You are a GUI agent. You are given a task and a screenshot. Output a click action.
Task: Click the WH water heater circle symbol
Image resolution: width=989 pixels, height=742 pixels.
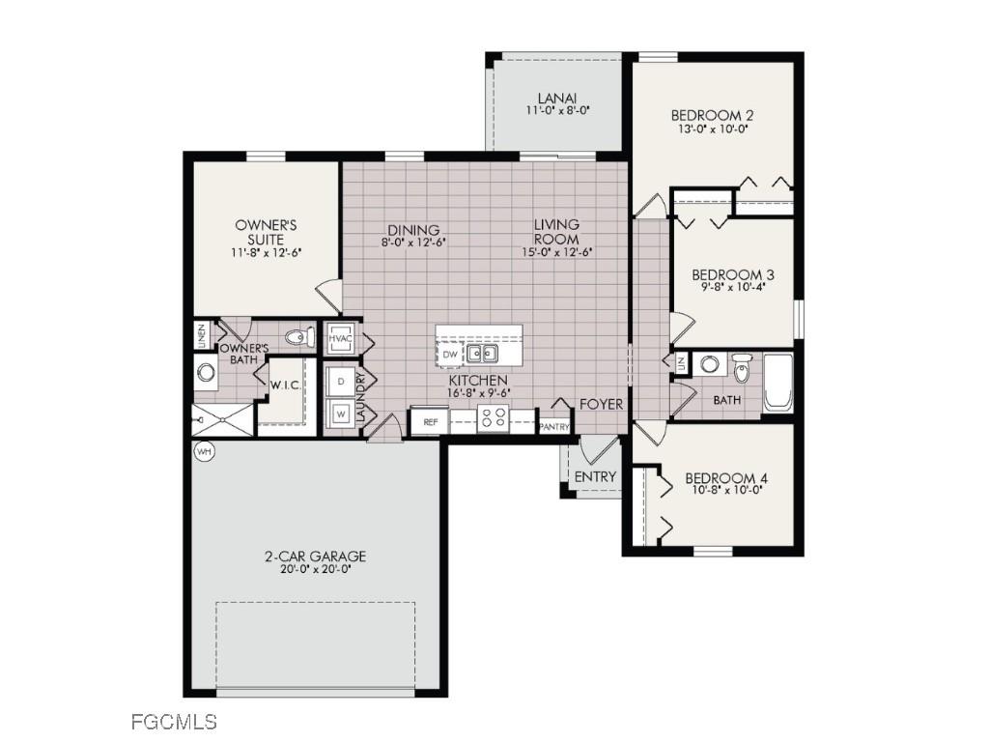[x=204, y=451]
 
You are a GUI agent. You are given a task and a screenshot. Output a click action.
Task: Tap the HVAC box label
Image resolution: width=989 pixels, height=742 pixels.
[x=340, y=339]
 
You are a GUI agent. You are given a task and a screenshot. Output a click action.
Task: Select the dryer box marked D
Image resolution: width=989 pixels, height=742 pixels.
[x=341, y=382]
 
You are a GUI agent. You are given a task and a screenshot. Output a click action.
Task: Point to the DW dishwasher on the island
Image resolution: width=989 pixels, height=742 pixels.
[x=449, y=355]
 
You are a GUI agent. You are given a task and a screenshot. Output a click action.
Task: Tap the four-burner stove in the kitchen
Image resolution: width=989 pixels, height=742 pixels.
[x=494, y=418]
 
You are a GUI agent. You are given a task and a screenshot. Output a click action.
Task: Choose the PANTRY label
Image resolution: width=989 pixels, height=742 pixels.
[x=554, y=426]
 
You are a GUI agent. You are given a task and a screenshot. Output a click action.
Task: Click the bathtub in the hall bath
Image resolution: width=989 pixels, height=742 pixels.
[x=777, y=384]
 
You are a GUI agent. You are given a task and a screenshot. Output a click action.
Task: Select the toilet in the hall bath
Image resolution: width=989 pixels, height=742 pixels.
[x=742, y=368]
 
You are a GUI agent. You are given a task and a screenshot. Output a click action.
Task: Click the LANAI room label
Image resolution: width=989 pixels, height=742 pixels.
[x=557, y=99]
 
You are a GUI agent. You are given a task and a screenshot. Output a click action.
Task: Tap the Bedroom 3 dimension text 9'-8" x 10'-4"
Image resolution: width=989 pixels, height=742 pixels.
[x=733, y=289]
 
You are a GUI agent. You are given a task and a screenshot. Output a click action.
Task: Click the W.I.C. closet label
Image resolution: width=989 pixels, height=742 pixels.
[x=287, y=385]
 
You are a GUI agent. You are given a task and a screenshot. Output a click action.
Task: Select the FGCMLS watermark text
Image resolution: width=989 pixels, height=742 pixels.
[x=173, y=721]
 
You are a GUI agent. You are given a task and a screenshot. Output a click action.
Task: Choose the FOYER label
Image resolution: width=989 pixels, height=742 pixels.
[x=601, y=404]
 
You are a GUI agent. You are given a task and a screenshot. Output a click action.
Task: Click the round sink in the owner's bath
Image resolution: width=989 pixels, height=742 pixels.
[x=206, y=372]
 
